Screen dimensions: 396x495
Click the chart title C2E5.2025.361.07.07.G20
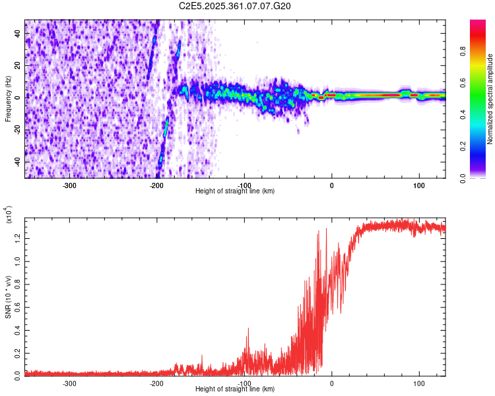[x=235, y=6]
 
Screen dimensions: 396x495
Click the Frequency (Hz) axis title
[x=9, y=98]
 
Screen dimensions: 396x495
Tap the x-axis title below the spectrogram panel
[x=235, y=191]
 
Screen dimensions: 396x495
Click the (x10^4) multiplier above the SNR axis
[x=9, y=215]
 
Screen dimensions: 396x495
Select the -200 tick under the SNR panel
[x=156, y=382]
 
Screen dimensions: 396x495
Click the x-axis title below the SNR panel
[x=235, y=389]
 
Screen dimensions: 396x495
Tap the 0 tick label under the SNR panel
[x=331, y=382]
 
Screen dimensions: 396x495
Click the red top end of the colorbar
[x=477, y=23]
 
